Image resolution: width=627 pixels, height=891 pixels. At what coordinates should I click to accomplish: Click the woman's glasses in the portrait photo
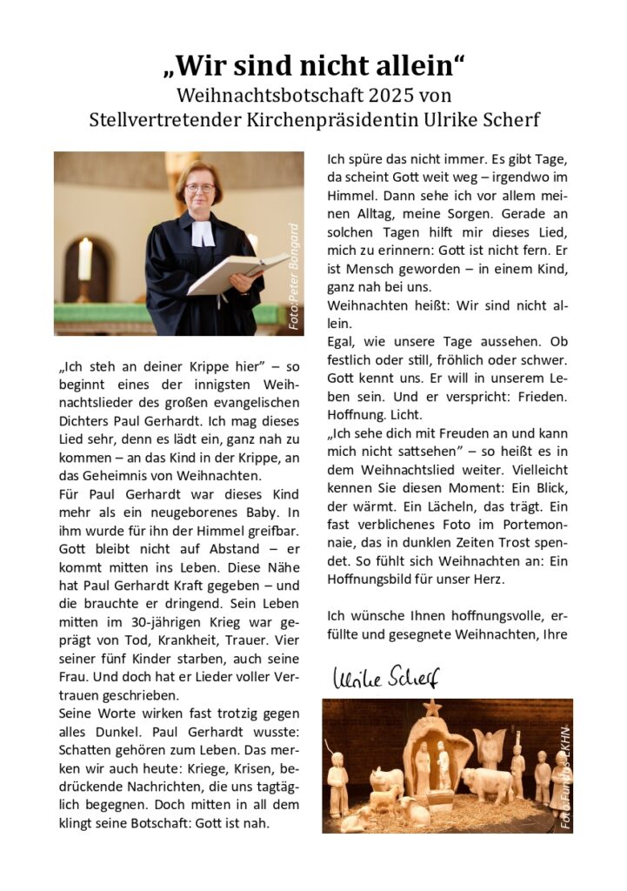point(200,187)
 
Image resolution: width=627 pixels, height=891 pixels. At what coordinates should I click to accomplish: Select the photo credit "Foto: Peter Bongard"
point(293,276)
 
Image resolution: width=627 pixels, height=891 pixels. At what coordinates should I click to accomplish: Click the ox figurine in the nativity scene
point(487,782)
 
